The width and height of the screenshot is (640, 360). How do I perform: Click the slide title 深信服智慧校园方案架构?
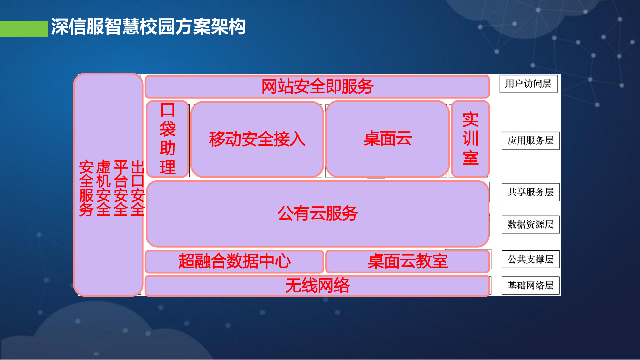(x=148, y=27)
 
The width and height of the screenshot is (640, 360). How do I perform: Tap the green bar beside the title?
(x=24, y=29)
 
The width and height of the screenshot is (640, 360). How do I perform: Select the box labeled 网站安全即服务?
(x=317, y=87)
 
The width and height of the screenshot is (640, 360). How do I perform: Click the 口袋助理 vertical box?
(x=168, y=139)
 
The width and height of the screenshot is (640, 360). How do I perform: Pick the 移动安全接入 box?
(x=257, y=139)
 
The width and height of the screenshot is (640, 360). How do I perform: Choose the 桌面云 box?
(x=387, y=139)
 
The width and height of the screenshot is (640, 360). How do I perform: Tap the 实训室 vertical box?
(x=470, y=139)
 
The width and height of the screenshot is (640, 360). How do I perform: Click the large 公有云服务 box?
(x=317, y=213)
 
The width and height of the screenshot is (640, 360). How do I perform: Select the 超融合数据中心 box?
(x=234, y=261)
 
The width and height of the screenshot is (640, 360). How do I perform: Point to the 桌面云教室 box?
(x=407, y=261)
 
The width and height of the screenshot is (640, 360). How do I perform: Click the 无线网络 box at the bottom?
(x=317, y=286)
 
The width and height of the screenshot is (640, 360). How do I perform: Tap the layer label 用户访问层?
(x=528, y=84)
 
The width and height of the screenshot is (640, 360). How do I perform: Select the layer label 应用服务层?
(x=530, y=141)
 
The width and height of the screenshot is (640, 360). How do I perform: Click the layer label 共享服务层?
(x=530, y=192)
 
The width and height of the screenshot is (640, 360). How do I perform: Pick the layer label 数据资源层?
(x=530, y=224)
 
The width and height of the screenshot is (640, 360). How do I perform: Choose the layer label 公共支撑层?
(x=530, y=259)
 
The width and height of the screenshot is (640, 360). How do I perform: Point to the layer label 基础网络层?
(x=530, y=286)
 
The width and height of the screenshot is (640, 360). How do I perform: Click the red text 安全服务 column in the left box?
(x=86, y=188)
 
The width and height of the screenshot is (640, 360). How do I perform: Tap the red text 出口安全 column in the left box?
(x=138, y=188)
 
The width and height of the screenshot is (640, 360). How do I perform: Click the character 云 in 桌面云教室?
(x=407, y=261)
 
